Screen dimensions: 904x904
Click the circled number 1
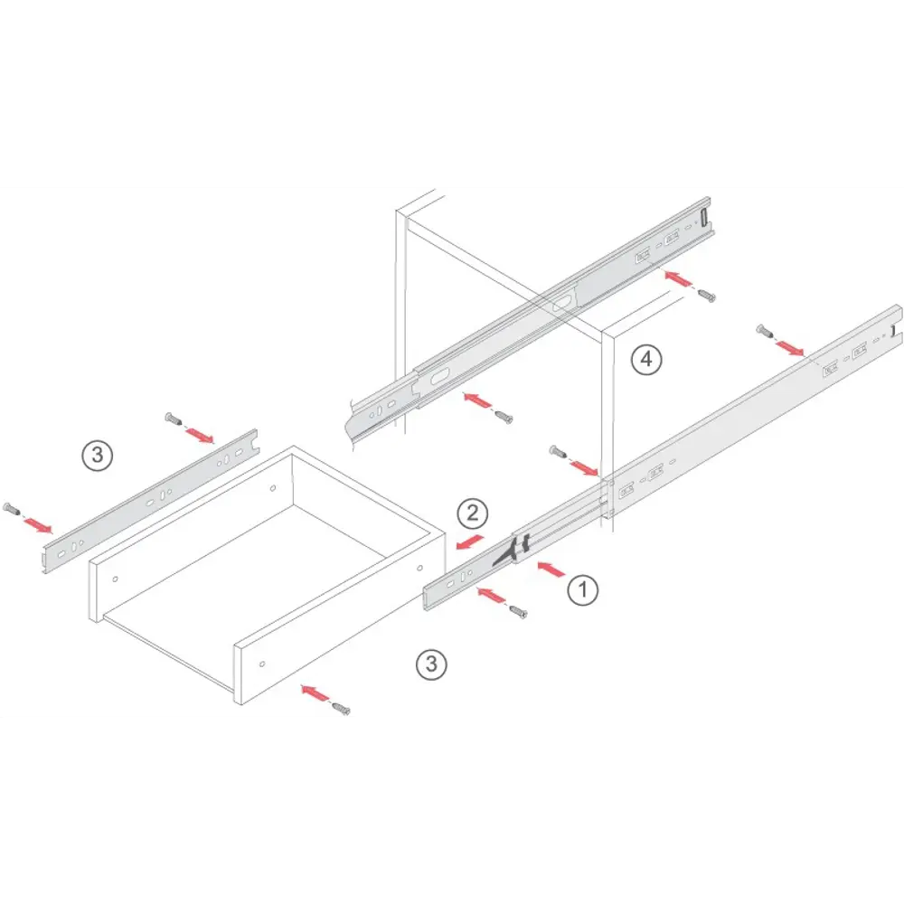click(x=582, y=589)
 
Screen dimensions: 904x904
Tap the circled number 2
click(x=472, y=513)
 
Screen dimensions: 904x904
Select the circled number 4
click(x=646, y=360)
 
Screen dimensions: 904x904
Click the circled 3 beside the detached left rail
click(x=97, y=456)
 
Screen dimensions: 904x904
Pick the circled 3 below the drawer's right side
click(x=431, y=664)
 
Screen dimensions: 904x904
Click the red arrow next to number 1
click(x=551, y=569)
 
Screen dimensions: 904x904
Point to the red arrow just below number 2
click(x=469, y=541)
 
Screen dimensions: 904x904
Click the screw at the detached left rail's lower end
click(x=12, y=509)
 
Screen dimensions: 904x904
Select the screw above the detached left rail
click(x=174, y=419)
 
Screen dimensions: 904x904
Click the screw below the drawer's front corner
click(x=342, y=709)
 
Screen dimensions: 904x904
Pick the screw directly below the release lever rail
click(x=518, y=612)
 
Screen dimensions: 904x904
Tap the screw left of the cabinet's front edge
click(x=558, y=452)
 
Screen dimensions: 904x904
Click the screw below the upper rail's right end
click(x=707, y=296)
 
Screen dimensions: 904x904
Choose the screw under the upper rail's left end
click(x=504, y=416)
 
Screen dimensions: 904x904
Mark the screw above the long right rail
click(x=765, y=331)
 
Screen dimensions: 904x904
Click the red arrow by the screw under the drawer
click(x=315, y=693)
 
